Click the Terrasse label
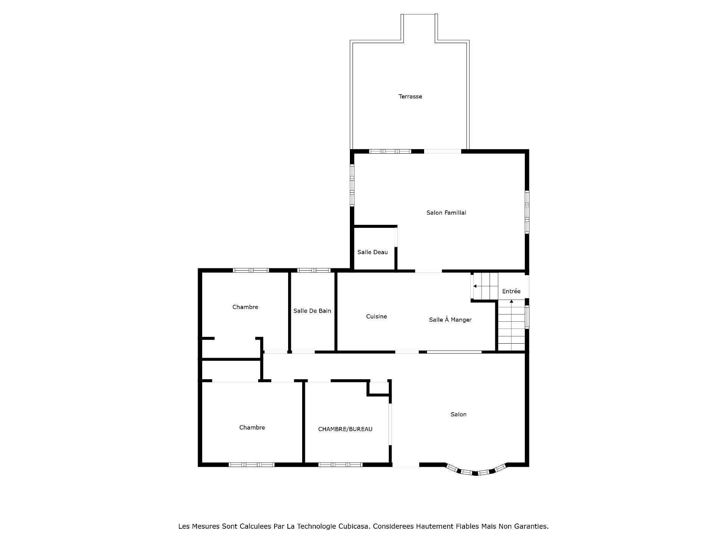(x=410, y=97)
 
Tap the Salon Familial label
(x=446, y=213)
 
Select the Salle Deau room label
(x=373, y=252)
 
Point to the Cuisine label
(x=376, y=316)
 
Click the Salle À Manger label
(x=450, y=320)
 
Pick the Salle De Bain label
(x=312, y=311)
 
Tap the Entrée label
(x=511, y=291)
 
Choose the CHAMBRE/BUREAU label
(x=345, y=429)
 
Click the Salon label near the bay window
(x=458, y=414)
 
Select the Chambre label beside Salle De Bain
(x=245, y=307)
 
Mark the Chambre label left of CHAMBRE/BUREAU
(x=252, y=428)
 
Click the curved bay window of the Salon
(x=476, y=472)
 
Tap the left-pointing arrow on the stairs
(x=475, y=286)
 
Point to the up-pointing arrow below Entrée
(x=512, y=302)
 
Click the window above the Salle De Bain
(x=314, y=271)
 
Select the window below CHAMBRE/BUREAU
(x=340, y=465)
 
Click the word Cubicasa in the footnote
(x=354, y=526)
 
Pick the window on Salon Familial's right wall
(x=527, y=212)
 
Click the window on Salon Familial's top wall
(x=390, y=151)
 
